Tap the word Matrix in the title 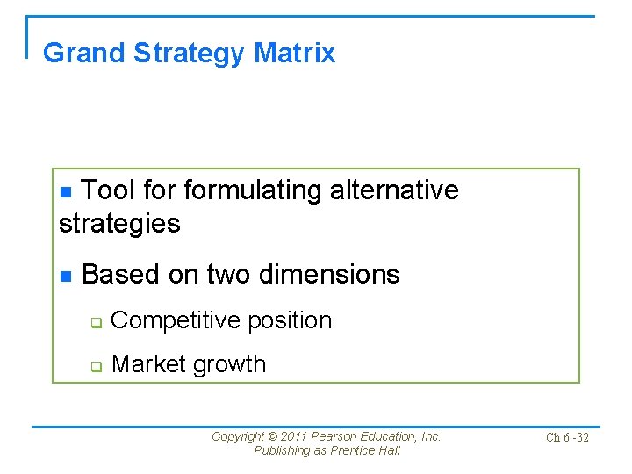[x=294, y=54]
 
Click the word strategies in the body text [x=119, y=224]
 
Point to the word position [x=290, y=321]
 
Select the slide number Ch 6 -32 [x=566, y=437]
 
